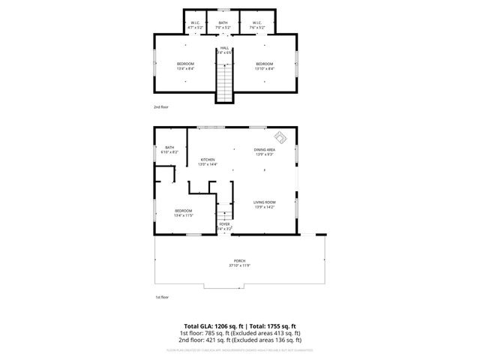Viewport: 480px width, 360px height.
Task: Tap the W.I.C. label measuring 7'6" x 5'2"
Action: click(256, 25)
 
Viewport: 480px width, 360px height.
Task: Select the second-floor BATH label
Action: click(223, 25)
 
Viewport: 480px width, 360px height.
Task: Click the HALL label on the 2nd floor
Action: click(224, 49)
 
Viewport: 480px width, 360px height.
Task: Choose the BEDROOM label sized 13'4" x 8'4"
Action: click(185, 66)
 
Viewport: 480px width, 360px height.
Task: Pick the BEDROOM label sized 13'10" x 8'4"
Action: click(264, 66)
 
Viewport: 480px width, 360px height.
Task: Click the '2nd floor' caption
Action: click(161, 107)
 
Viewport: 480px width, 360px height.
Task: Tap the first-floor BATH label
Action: click(169, 149)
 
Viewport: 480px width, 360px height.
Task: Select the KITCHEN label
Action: click(208, 162)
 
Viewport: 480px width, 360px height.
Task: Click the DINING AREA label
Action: click(264, 151)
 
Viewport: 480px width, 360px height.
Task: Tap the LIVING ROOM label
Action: click(264, 205)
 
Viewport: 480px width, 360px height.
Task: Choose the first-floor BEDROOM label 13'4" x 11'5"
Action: click(184, 213)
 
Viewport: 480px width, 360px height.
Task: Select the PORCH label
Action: click(240, 262)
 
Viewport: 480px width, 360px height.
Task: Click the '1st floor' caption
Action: click(161, 298)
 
